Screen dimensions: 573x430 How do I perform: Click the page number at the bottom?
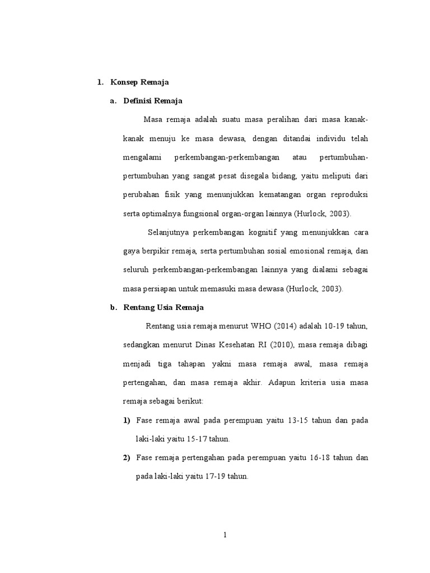(225, 534)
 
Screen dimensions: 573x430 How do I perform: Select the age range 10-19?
(336, 326)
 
